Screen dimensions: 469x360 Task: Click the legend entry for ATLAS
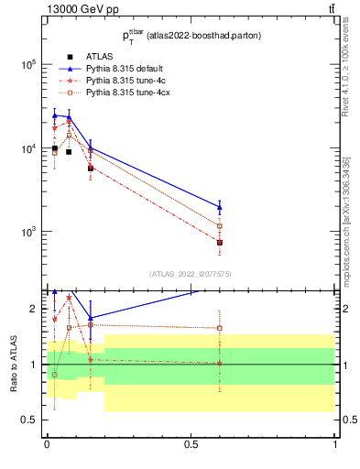[x=99, y=57]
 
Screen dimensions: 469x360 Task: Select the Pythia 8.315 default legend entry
[x=125, y=69]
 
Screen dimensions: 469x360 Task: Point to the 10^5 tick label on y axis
[x=29, y=65]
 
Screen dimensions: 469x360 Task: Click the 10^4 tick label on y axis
[x=29, y=148]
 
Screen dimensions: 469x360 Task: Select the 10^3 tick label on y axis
[x=29, y=232]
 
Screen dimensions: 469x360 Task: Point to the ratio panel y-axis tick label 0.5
[x=27, y=420]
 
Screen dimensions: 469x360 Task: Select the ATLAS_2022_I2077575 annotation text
[x=190, y=273]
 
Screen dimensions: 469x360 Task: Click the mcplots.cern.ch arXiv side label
[x=350, y=234]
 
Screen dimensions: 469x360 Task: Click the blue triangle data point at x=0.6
[x=220, y=207]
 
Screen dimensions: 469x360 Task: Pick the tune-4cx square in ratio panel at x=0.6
[x=220, y=328]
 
